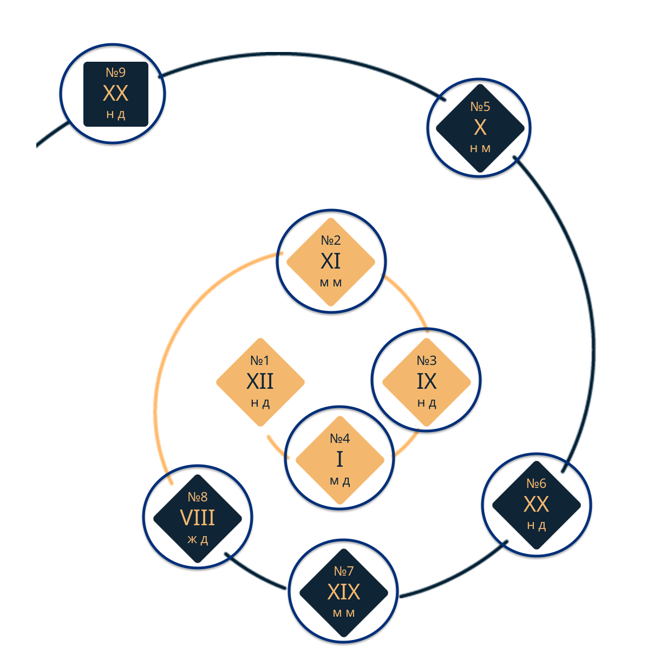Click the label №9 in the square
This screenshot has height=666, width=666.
coord(115,73)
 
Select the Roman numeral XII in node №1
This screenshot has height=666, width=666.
coord(260,382)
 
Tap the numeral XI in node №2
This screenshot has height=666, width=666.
coord(331,262)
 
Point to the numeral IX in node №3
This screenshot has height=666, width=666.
coord(427,382)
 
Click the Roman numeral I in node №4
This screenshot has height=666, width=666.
coord(339,460)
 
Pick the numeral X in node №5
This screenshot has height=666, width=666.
coord(480,128)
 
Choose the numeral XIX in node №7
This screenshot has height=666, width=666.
coord(344,592)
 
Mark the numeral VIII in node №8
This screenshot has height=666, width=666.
coord(198,518)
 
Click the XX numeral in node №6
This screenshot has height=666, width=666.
coord(537,505)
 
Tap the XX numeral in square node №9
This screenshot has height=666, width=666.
coord(115,94)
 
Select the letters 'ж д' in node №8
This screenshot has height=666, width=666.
coord(198,540)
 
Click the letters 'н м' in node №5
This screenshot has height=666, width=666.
coord(480,149)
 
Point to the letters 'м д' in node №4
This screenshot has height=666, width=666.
coord(339,481)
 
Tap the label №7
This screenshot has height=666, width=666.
coord(344,571)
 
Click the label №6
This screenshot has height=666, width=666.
coord(537,484)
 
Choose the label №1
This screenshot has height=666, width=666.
coord(260,361)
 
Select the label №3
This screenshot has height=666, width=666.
coord(427,361)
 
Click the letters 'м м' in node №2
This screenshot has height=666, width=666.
coord(331,283)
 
